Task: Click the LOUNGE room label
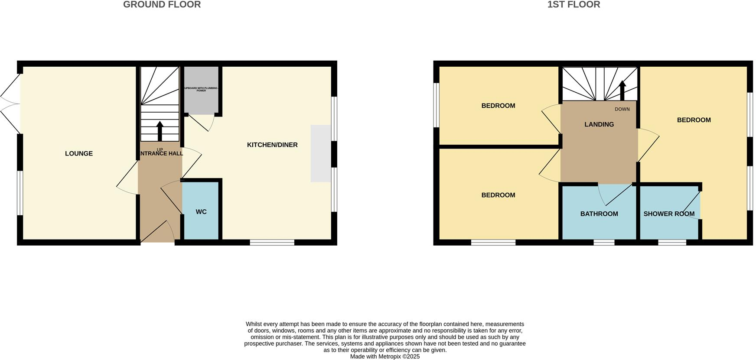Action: (x=79, y=153)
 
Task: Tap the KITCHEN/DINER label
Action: (x=272, y=145)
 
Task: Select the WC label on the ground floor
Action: (x=201, y=212)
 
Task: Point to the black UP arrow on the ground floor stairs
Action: (x=160, y=131)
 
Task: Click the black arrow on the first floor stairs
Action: (x=622, y=91)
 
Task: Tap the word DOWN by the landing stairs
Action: (x=622, y=109)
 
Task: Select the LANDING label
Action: (x=599, y=124)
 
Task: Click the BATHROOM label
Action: (x=599, y=214)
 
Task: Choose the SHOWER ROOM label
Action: (x=669, y=214)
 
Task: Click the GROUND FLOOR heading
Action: (x=162, y=5)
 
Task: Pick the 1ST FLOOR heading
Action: (x=574, y=5)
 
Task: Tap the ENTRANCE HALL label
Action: (x=160, y=153)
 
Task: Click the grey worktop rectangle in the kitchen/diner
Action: (x=321, y=153)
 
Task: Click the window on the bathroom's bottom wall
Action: (x=604, y=243)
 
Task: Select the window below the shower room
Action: (x=672, y=243)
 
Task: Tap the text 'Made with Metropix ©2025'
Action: (x=385, y=357)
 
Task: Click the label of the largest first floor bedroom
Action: (x=694, y=120)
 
